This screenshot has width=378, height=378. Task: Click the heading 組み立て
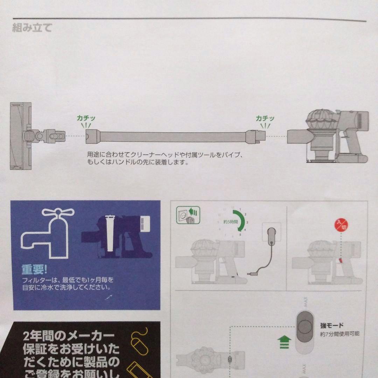tap(32, 28)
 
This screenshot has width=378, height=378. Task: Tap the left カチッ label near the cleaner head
tap(86, 119)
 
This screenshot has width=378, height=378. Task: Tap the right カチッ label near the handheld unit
tap(265, 119)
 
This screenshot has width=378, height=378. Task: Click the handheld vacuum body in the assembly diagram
tap(332, 136)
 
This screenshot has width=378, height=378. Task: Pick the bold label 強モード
tap(332, 325)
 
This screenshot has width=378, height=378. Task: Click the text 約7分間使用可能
tap(339, 334)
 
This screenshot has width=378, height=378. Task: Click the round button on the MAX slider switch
tap(305, 327)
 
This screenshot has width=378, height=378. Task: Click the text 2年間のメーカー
tap(68, 337)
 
